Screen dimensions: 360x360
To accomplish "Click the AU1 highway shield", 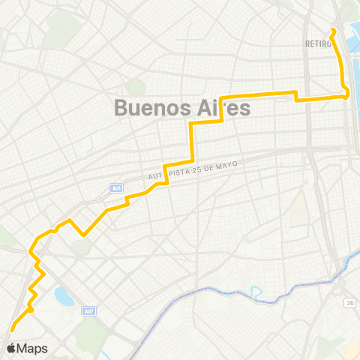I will pos(115,188).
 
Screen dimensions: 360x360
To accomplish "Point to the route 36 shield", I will pos(350,302).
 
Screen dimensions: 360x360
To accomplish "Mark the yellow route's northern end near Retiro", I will pos(332,30).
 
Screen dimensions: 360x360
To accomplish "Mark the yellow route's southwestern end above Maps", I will pos(12,328).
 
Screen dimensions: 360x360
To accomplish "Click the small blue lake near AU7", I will pos(64,297).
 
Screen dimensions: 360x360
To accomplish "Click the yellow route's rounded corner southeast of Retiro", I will pos(346,94).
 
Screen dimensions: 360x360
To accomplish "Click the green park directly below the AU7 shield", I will pos(91,334).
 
